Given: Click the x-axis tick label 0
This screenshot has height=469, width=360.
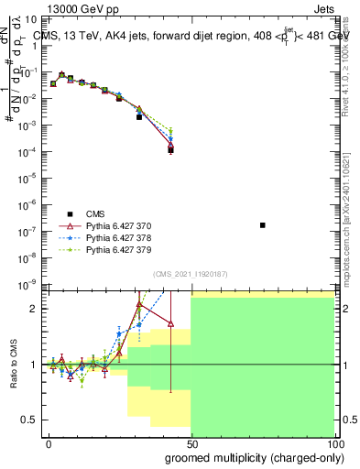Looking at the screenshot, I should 49,443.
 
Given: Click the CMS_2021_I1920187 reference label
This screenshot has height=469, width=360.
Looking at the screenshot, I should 191,273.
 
